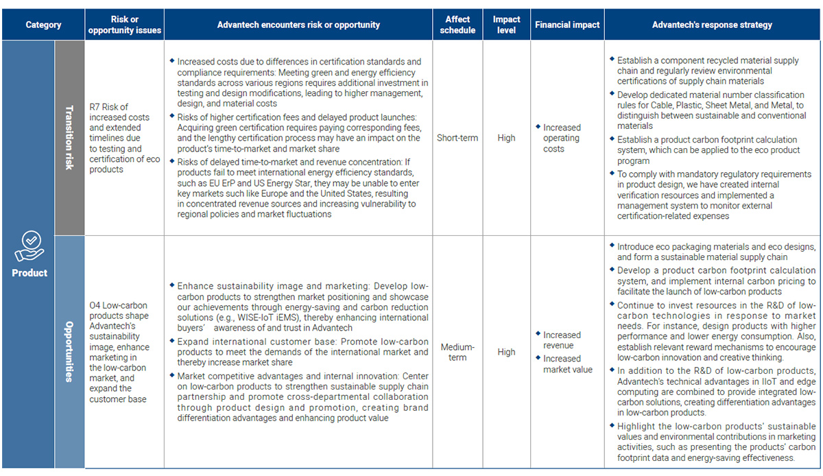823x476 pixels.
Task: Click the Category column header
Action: coord(43,25)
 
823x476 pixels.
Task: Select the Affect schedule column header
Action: coord(457,25)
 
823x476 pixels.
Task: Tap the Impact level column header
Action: coord(506,25)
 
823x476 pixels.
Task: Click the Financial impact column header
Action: coord(567,25)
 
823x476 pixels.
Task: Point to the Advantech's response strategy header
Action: coord(712,25)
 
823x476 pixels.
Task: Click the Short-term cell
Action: coord(457,138)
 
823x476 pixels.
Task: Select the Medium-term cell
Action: coord(457,352)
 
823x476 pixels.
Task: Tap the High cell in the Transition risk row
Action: coord(506,138)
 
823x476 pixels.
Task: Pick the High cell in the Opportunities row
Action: coord(506,352)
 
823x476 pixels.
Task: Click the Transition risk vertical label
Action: coord(69,137)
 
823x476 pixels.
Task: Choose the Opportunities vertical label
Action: coord(69,352)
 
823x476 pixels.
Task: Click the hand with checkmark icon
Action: coord(29,246)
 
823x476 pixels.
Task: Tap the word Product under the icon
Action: coord(29,273)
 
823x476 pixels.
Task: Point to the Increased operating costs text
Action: coord(562,138)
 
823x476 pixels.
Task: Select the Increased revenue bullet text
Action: coord(562,340)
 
